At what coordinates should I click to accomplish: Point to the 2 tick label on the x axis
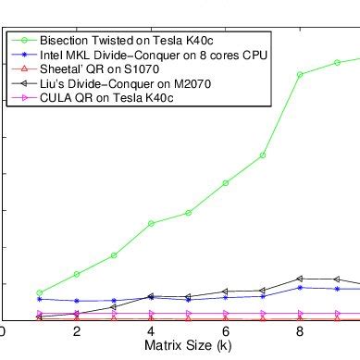(76, 332)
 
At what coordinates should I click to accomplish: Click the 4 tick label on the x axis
(151, 332)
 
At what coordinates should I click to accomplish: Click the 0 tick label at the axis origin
(3, 332)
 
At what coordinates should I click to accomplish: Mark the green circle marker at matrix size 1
(39, 292)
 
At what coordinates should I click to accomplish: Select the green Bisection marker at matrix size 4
(151, 223)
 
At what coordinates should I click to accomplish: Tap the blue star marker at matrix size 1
(39, 299)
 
